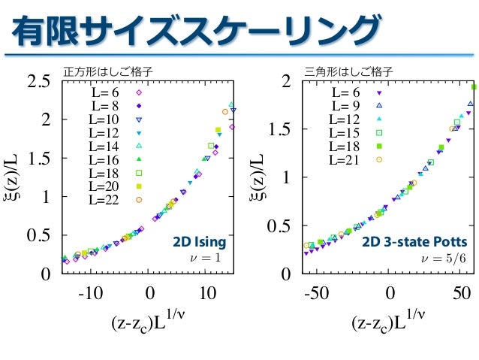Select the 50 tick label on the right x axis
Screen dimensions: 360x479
pos(462,292)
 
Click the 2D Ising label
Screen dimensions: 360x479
pos(199,243)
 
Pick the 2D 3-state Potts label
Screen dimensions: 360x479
pos(414,243)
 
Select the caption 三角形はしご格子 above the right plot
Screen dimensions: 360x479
pos(339,72)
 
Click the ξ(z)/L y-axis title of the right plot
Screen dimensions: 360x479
pos(258,177)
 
